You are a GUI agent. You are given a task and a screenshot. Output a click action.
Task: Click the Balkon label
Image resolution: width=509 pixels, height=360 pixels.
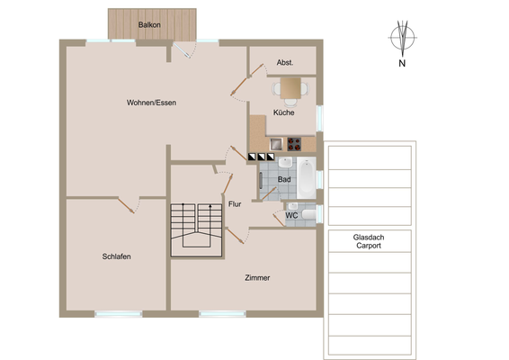coord(149,24)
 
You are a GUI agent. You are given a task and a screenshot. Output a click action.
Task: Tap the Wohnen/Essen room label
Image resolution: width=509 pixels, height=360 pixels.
coord(151,103)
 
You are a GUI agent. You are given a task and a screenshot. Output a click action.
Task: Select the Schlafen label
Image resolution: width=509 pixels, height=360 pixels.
coord(117,256)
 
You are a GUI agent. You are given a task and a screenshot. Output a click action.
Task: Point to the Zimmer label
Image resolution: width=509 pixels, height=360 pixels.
coord(257,278)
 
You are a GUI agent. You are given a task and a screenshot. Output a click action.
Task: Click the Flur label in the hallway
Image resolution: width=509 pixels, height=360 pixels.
coord(235,204)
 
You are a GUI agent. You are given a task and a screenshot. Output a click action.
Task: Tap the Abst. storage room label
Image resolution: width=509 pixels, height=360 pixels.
coord(285,62)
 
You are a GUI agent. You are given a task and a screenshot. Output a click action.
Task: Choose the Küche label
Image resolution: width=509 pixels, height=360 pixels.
coord(283,112)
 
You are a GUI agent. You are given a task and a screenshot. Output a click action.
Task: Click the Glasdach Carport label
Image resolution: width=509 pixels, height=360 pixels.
coord(369,241)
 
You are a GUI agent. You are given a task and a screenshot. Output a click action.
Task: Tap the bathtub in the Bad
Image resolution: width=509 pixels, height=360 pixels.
coord(307,177)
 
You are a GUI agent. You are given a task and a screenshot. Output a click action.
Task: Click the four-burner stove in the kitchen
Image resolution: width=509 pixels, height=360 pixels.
coord(294,144)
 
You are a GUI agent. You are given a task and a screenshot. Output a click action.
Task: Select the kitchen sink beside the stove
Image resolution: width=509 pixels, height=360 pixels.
coord(276,144)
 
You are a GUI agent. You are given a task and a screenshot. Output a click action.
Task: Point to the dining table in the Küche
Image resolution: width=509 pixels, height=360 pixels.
coord(290,88)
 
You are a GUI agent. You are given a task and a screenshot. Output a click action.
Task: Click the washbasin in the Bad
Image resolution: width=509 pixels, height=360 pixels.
coord(285,163)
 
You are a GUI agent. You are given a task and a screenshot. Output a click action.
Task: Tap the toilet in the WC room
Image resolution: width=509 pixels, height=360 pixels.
coord(309,214)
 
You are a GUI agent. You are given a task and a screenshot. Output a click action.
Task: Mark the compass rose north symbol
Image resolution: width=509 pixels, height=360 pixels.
coord(403,39)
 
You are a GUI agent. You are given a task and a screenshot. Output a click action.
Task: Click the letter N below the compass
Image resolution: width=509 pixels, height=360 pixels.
coord(402,63)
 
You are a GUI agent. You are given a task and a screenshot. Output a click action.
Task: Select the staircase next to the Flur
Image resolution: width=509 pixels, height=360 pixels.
coord(196,230)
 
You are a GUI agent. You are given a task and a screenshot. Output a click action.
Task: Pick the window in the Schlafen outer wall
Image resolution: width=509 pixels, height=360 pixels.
coord(119,314)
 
